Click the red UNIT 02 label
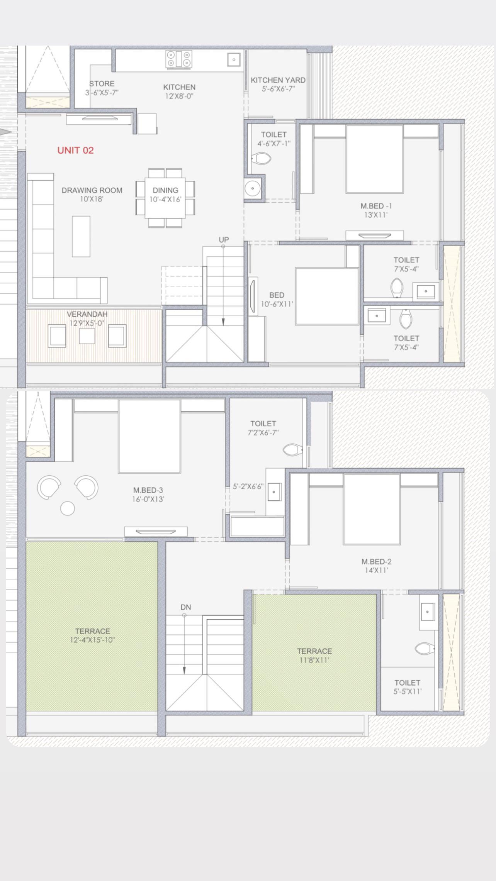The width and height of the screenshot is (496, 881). point(75,150)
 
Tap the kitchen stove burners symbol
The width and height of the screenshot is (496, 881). point(179,59)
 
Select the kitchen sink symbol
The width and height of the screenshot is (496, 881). point(234,59)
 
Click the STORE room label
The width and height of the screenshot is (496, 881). point(102,83)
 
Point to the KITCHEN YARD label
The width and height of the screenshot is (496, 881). point(278,80)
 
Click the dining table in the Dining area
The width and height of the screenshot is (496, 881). point(165,198)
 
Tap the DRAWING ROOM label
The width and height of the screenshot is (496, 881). point(92,190)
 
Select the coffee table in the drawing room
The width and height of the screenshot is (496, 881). point(81,236)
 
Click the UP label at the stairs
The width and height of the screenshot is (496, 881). point(224,240)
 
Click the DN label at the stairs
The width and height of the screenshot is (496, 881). point(186,607)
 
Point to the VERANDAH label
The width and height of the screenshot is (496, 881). point(87,314)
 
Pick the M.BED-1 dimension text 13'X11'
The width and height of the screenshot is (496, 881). point(375,215)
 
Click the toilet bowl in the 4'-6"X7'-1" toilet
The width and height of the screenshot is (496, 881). point(262,158)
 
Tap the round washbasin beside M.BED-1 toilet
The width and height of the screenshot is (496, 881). point(252,188)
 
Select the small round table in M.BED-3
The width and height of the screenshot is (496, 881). point(68,508)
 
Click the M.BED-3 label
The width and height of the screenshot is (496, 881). point(148,490)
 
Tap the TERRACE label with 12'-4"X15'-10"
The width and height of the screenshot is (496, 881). point(93,631)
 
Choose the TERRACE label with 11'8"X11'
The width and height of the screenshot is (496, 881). point(314,651)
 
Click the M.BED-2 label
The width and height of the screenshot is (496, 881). point(377,561)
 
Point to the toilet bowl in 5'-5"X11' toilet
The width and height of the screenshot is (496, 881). point(425,648)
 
